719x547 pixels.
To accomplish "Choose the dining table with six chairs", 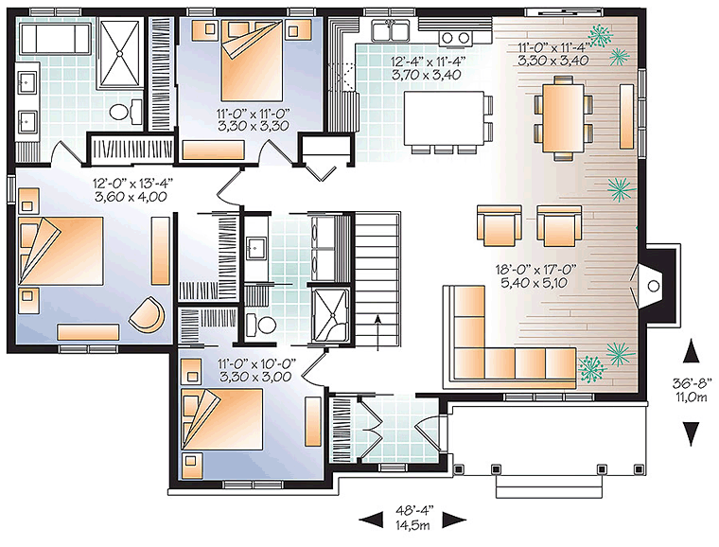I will [562, 116].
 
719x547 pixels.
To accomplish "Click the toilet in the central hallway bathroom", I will [261, 326].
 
